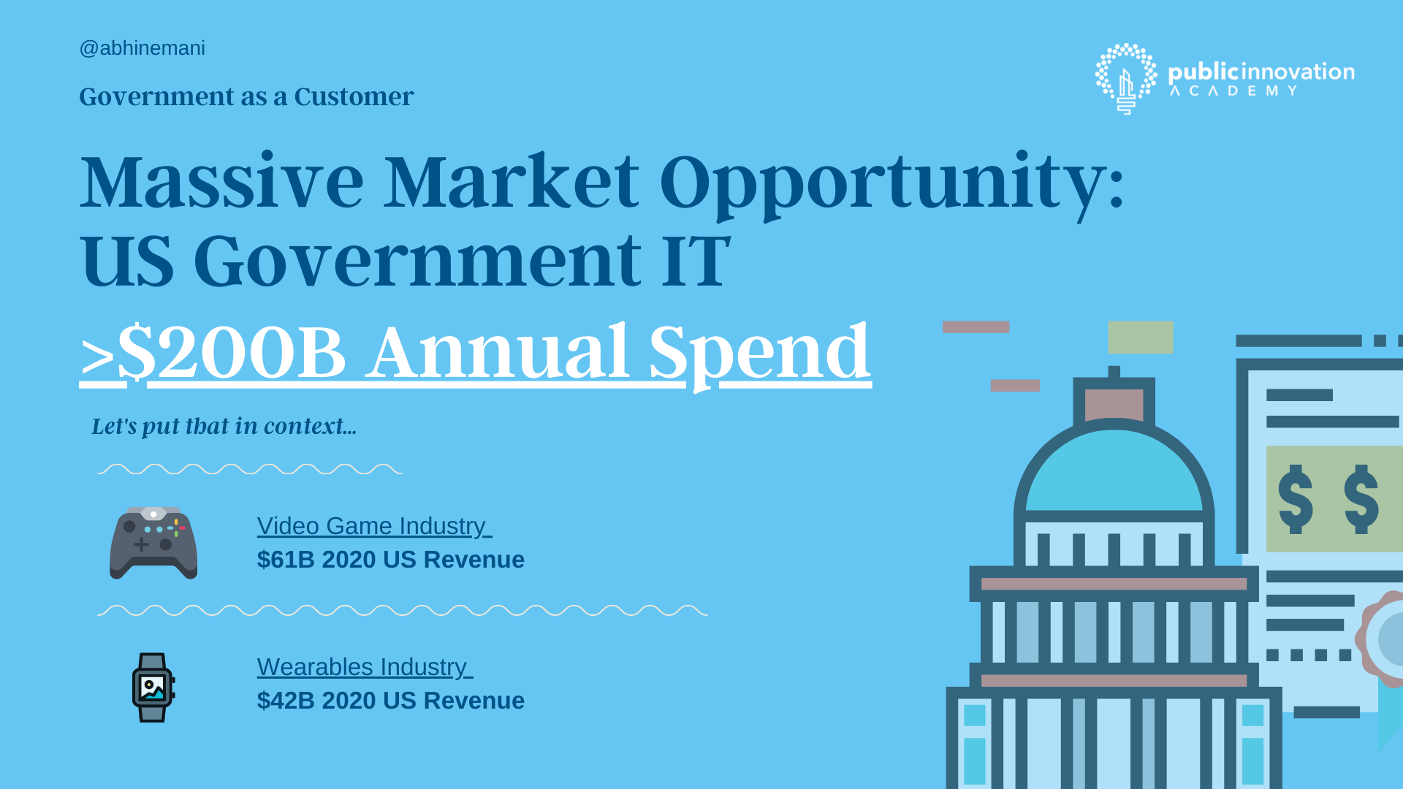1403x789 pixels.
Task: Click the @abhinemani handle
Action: coord(142,48)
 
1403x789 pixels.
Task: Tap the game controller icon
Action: coord(153,543)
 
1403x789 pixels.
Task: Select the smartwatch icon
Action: coord(153,687)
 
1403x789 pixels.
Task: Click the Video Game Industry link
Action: coord(374,526)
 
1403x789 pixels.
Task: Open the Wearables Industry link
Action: coord(365,667)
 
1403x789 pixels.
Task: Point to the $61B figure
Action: coord(286,560)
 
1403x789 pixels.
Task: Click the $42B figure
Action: coord(286,701)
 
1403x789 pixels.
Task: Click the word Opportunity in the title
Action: coord(891,184)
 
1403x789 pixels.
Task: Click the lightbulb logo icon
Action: coord(1126,78)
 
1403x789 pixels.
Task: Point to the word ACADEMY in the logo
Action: coord(1233,91)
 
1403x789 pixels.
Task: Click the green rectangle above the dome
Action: coord(1141,338)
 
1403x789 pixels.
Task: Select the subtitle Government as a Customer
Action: coord(246,97)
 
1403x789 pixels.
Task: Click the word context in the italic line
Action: coord(310,426)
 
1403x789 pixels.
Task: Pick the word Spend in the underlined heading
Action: coord(760,355)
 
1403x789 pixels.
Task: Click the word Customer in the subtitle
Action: coord(354,97)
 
